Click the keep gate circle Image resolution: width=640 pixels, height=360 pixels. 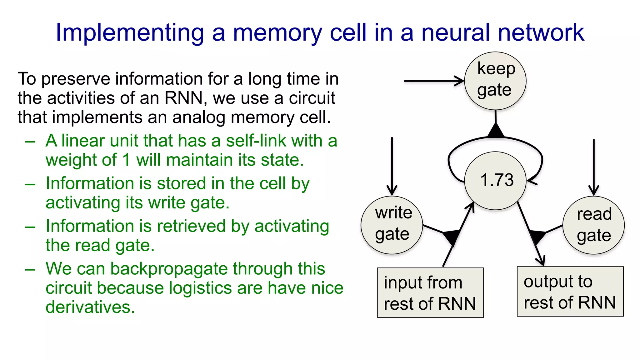click(x=495, y=81)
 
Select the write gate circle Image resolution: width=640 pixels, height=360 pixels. click(x=392, y=225)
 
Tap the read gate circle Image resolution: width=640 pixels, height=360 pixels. click(x=593, y=225)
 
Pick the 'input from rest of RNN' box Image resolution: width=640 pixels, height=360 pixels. click(x=430, y=292)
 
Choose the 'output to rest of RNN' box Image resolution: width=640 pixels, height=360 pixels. click(x=570, y=291)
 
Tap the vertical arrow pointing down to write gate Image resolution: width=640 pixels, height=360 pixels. click(x=392, y=166)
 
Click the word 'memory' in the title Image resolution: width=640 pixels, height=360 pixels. click(x=277, y=33)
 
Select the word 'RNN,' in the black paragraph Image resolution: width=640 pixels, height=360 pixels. click(x=186, y=98)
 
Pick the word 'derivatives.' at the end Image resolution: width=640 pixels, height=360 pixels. click(x=90, y=307)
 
